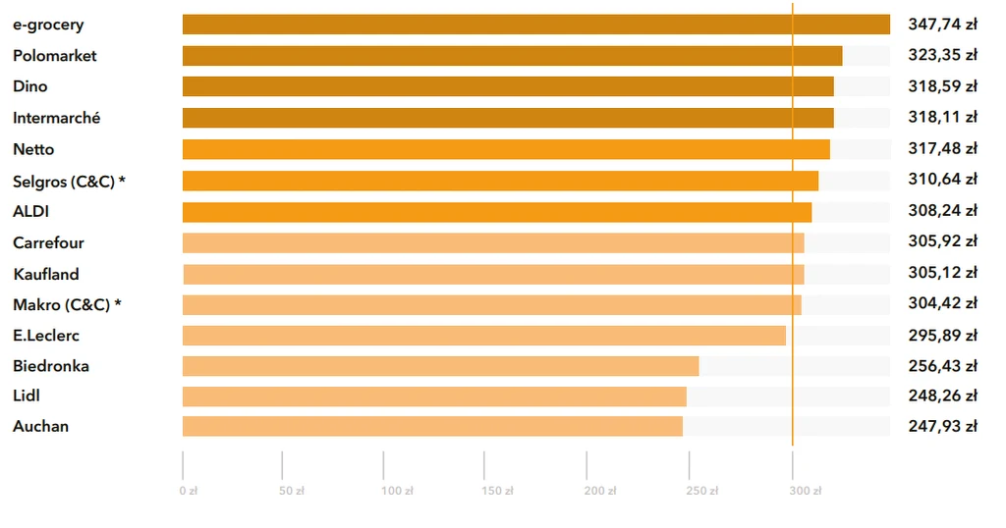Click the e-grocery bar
(535, 25)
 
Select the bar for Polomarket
(512, 56)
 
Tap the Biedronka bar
(440, 366)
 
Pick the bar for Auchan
(432, 426)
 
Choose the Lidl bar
(434, 396)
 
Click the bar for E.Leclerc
(483, 336)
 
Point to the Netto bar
(506, 149)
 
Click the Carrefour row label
(48, 242)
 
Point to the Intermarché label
(56, 118)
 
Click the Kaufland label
(46, 274)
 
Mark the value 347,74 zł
(942, 25)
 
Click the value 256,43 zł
(942, 366)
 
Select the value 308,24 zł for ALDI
(942, 211)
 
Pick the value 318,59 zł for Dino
(942, 86)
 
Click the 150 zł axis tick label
(496, 491)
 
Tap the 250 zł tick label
(699, 491)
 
